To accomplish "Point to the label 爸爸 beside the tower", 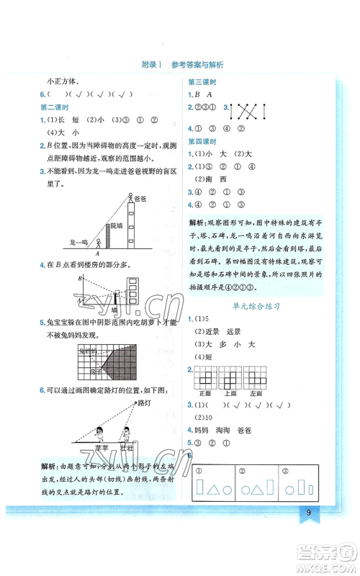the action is click(x=138, y=196).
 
